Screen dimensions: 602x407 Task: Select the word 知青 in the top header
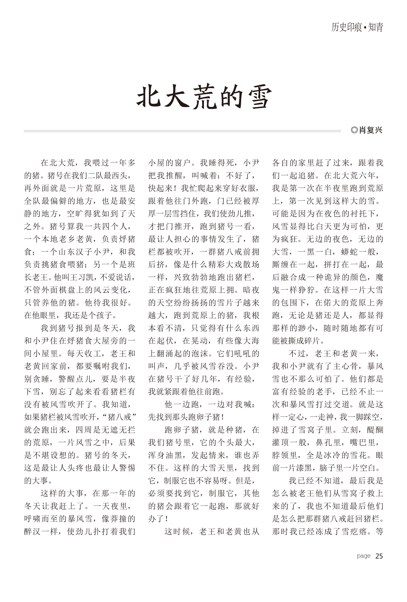375,27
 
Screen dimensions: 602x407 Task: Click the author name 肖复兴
371,130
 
